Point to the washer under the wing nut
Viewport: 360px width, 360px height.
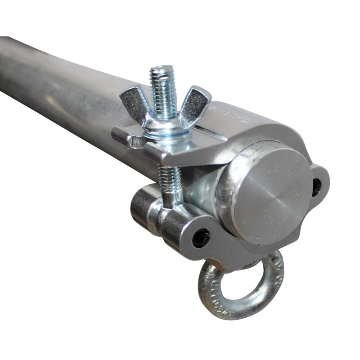coord(164,132)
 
